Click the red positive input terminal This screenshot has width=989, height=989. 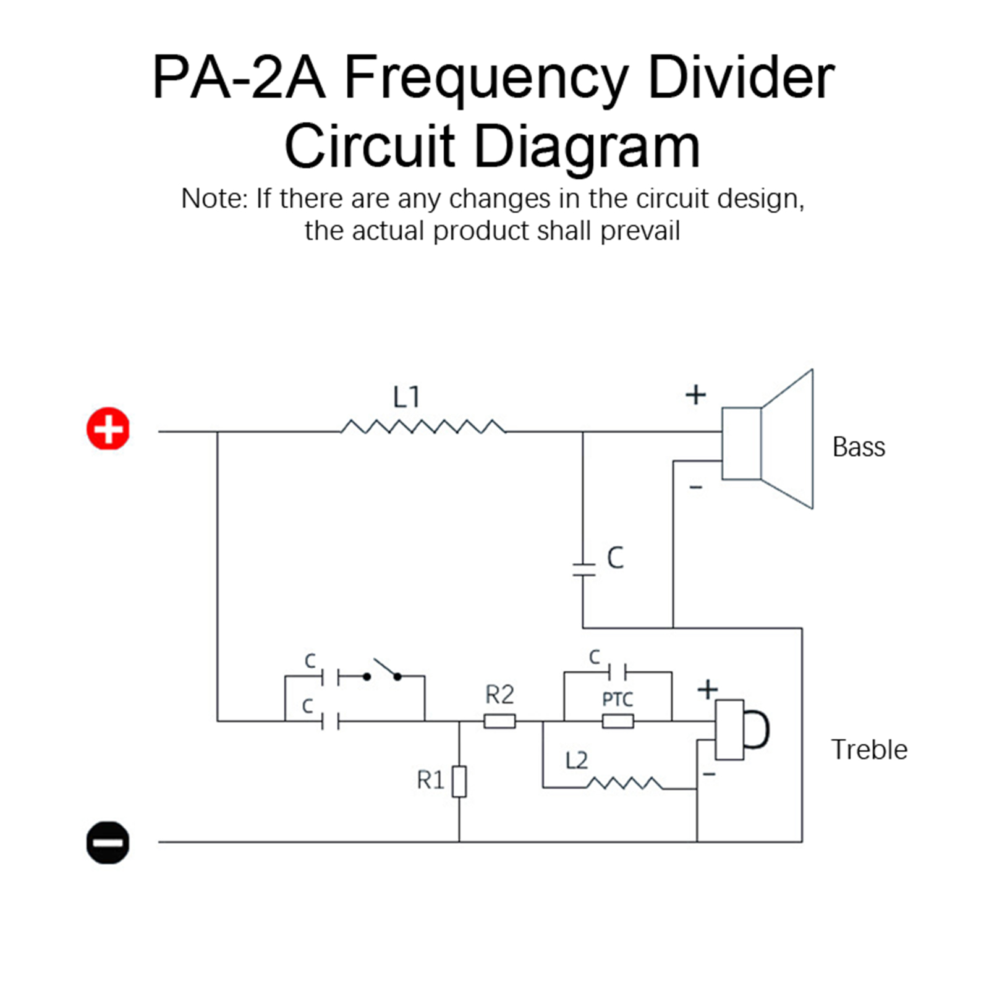pyautogui.click(x=108, y=428)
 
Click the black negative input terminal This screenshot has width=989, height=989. pyautogui.click(x=108, y=842)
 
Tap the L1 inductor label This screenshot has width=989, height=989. pyautogui.click(x=407, y=397)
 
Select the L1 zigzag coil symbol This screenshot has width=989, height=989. pyautogui.click(x=423, y=427)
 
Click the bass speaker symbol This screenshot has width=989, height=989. pyautogui.click(x=768, y=440)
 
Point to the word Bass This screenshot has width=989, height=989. pyautogui.click(x=859, y=447)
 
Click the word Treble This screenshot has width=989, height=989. pyautogui.click(x=868, y=750)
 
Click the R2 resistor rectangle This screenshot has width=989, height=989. pyautogui.click(x=499, y=721)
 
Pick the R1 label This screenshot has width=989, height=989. pyautogui.click(x=430, y=780)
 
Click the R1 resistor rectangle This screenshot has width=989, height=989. pyautogui.click(x=459, y=781)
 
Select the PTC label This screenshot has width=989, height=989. pyautogui.click(x=618, y=699)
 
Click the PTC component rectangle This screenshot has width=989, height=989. pyautogui.click(x=618, y=721)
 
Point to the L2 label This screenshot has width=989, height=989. pyautogui.click(x=576, y=760)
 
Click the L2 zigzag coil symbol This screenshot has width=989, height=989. pyautogui.click(x=624, y=784)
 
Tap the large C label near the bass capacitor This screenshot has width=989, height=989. pyautogui.click(x=615, y=558)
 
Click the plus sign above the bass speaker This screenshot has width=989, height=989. pyautogui.click(x=695, y=394)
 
